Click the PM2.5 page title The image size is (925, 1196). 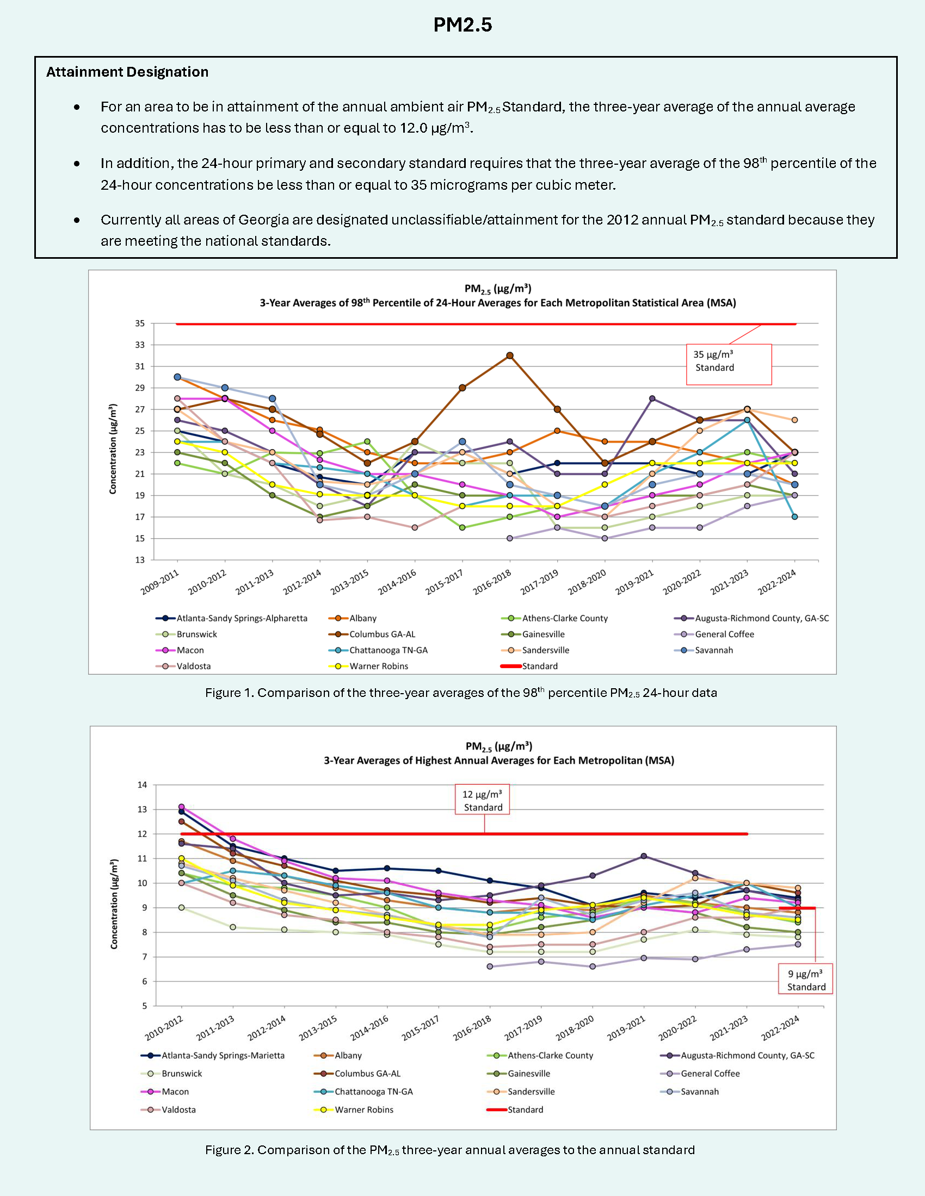pos(462,25)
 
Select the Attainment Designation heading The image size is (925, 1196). pos(127,72)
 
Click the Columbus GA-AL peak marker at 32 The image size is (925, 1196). pos(510,356)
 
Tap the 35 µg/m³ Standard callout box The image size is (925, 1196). pos(728,364)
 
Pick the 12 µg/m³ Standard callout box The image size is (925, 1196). pos(482,800)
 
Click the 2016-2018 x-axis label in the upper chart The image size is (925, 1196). pos(492,582)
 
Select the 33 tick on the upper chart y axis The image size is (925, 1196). pos(140,345)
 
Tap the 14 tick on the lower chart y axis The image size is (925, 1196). pos(142,784)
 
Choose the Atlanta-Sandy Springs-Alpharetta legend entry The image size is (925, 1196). pos(241,618)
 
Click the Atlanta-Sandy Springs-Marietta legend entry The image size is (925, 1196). pos(223,1055)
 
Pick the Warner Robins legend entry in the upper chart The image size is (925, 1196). pos(378,666)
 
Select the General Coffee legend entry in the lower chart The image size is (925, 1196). pos(710,1073)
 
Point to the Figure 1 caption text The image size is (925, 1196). pos(461,693)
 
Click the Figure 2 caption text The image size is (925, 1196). pos(449,1150)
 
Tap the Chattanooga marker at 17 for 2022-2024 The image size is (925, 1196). pos(794,517)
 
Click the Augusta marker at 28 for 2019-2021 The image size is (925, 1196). pos(652,398)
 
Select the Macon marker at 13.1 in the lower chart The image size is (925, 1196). pos(181,807)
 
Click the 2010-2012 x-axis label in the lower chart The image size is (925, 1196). pos(164,1029)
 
